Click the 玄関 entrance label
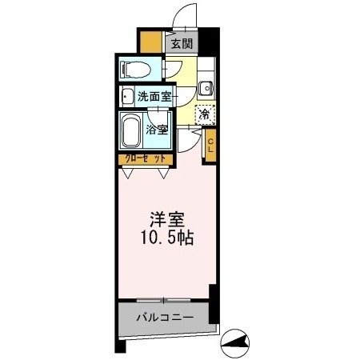pyautogui.click(x=181, y=44)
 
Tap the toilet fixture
pyautogui.click(x=135, y=69)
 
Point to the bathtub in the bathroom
pyautogui.click(x=130, y=130)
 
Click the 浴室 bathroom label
pyautogui.click(x=158, y=130)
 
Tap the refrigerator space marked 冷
pyautogui.click(x=206, y=115)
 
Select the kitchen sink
pyautogui.click(x=206, y=88)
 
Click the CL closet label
pyautogui.click(x=210, y=146)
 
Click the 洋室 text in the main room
pyautogui.click(x=167, y=218)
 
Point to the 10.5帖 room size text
pyautogui.click(x=167, y=238)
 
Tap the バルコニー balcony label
pyautogui.click(x=164, y=318)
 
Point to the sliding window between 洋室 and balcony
pyautogui.click(x=164, y=300)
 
